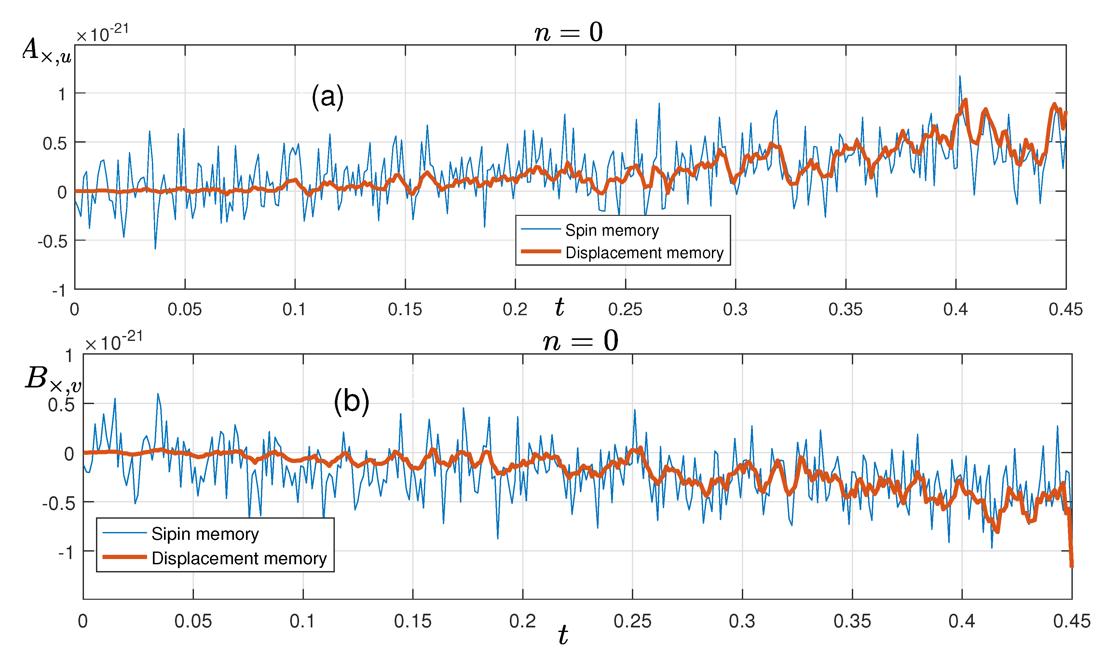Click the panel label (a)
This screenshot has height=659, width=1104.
point(327,96)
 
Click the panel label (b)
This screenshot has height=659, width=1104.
point(351,401)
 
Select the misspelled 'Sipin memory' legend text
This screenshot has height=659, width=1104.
point(205,534)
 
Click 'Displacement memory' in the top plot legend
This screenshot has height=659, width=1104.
point(644,253)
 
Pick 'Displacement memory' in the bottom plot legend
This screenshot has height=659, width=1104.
point(239,558)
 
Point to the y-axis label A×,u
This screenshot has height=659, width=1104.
point(47,51)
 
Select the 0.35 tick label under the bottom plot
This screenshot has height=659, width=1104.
point(852,621)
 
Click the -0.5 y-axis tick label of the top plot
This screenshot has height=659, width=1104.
point(52,242)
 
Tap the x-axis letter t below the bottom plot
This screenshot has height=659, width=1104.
point(563,635)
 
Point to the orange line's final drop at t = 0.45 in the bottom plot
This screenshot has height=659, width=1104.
point(1071,555)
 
